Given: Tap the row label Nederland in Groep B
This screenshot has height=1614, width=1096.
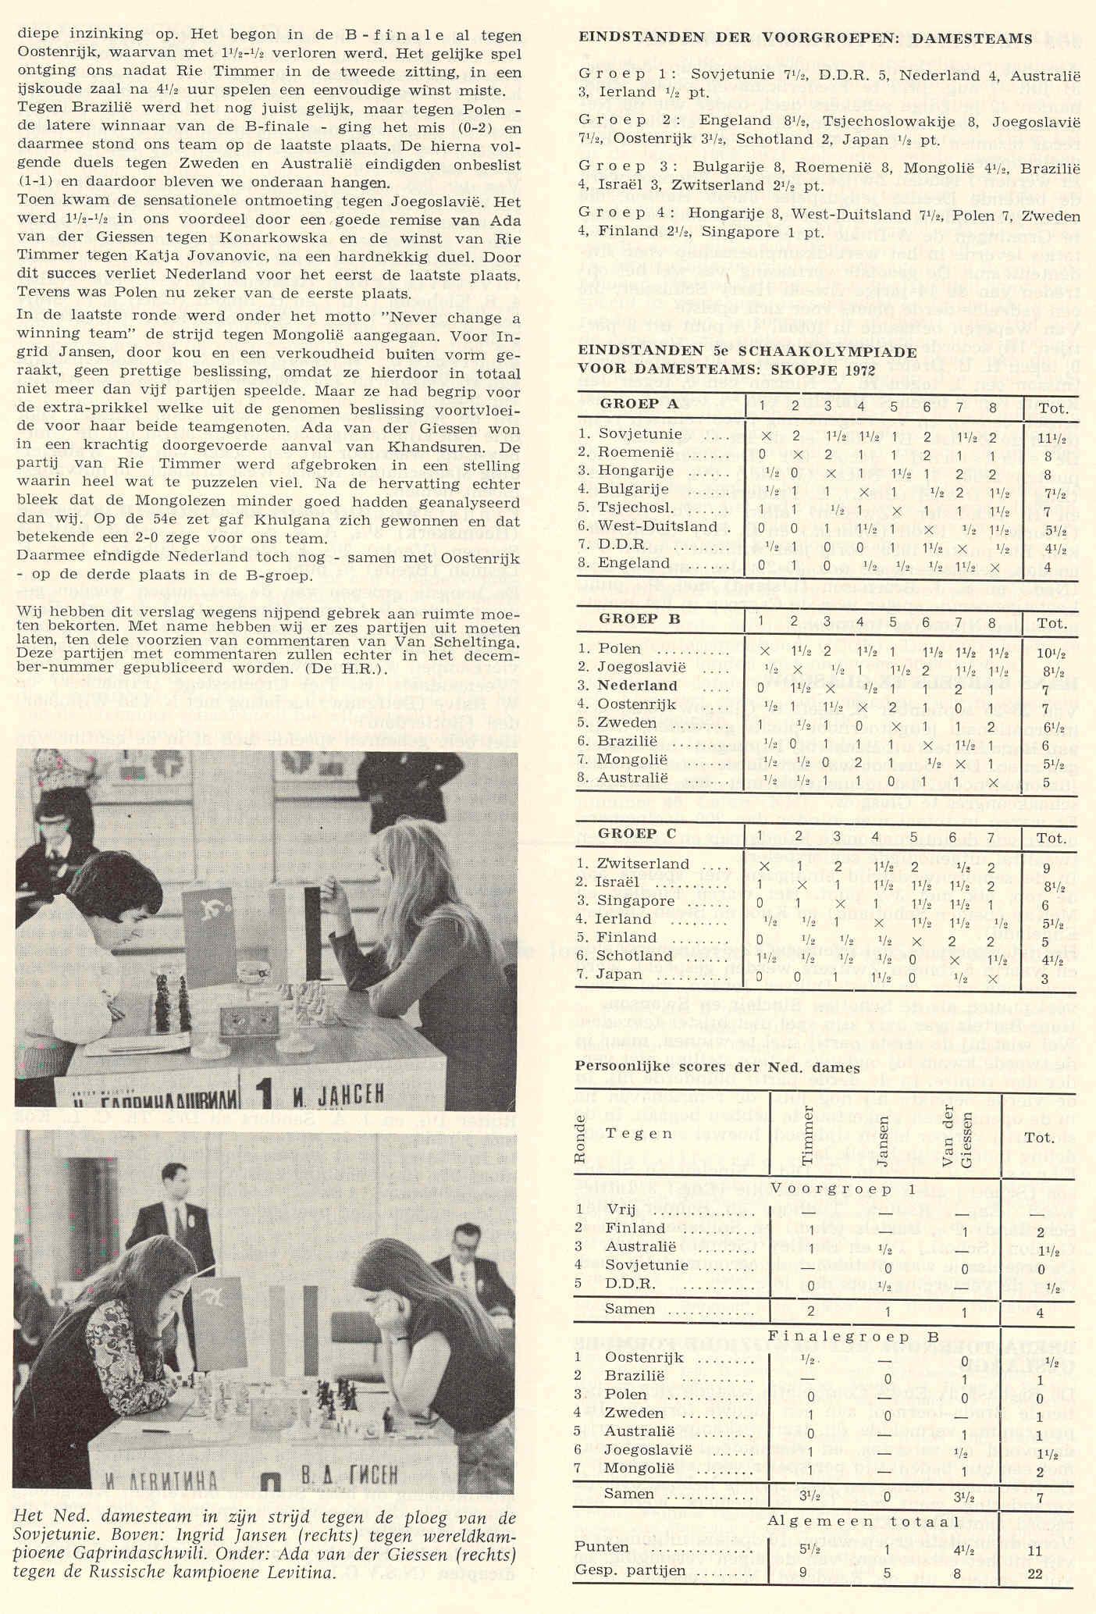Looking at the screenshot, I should (x=638, y=685).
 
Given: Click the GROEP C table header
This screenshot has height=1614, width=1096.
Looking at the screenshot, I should (x=638, y=834).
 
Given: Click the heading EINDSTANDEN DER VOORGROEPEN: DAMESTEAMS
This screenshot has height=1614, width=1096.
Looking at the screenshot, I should (x=805, y=39).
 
